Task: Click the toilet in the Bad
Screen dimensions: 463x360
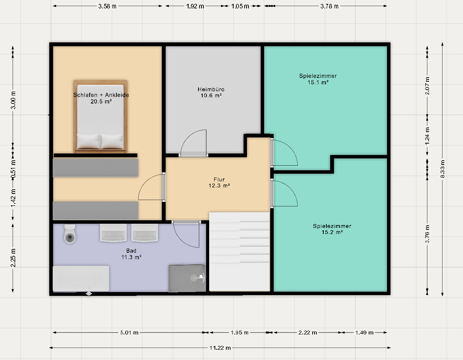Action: (70, 234)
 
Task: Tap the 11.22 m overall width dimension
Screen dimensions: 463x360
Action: (220, 348)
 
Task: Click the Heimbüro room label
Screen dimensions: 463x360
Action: (211, 89)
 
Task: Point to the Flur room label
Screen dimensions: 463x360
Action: (219, 179)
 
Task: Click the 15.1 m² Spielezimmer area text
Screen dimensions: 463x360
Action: (318, 82)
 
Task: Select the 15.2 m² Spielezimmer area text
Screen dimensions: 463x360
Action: (332, 232)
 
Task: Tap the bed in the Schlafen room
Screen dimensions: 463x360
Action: (100, 117)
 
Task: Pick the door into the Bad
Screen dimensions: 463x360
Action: (186, 234)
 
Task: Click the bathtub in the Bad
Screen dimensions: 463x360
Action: (81, 278)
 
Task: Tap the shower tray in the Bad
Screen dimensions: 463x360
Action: (187, 278)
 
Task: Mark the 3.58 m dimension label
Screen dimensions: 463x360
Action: (107, 6)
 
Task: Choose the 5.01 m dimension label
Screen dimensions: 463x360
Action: (129, 332)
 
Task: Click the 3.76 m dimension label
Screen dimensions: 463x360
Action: (427, 234)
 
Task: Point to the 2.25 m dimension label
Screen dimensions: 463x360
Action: (13, 258)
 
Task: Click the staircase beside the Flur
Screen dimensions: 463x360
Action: (239, 251)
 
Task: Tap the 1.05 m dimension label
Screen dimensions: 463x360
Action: (240, 6)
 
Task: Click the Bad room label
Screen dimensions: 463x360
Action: (131, 250)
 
